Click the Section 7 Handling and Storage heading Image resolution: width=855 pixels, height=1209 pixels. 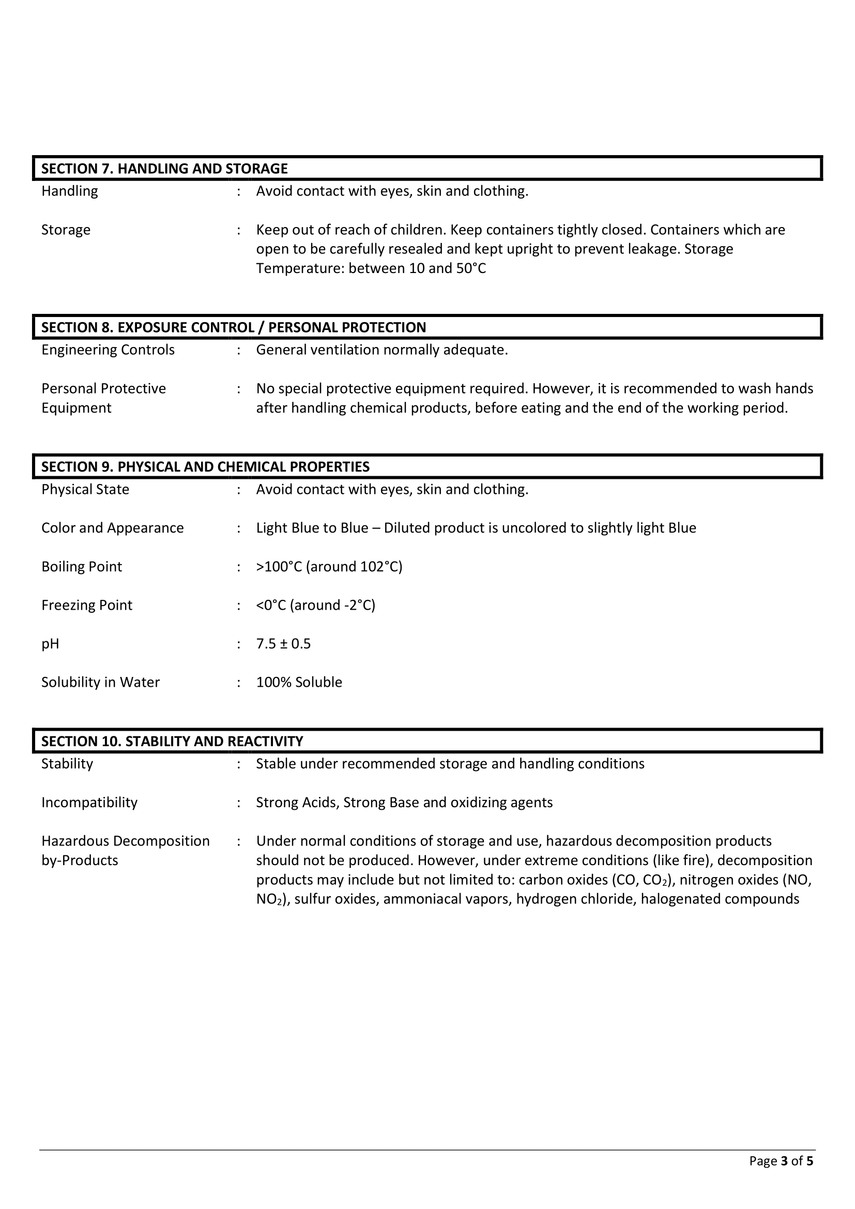pos(164,169)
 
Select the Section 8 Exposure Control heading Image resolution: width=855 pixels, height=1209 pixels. pos(233,327)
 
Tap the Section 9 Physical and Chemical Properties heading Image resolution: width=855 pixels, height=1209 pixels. pos(205,467)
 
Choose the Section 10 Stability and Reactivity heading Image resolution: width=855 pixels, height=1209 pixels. pos(172,742)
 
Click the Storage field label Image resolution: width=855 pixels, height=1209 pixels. pos(66,230)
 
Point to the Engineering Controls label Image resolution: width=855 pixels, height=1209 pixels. pos(108,350)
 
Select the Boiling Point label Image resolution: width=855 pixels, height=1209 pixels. pos(82,567)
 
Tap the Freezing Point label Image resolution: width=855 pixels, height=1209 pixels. pos(87,606)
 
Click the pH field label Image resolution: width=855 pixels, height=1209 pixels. pos(50,644)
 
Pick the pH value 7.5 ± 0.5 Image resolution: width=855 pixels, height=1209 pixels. pos(283,644)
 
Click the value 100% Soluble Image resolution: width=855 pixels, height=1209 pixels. pos(299,683)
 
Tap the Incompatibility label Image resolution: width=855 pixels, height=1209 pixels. pos(89,803)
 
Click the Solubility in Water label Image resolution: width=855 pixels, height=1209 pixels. pos(101,683)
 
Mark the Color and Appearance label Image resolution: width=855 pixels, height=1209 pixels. pos(113,528)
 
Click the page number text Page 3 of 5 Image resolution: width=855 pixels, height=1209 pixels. pos(781,1176)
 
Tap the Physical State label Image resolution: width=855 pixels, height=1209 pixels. pos(85,490)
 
